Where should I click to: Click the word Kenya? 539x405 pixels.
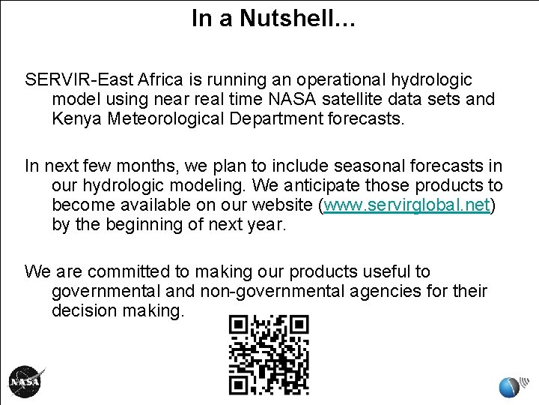(x=76, y=118)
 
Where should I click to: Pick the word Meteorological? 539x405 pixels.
(x=162, y=118)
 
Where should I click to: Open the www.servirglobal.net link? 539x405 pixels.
(x=405, y=205)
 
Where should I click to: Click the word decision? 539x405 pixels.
(x=82, y=310)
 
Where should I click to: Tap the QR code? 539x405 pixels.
(x=269, y=354)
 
